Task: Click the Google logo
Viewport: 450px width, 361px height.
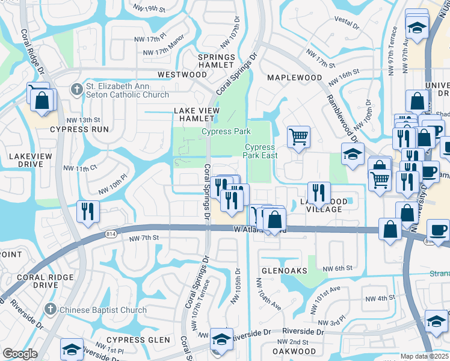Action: [20, 354]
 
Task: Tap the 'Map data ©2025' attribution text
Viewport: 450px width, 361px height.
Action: [425, 356]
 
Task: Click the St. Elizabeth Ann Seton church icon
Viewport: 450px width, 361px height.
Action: [76, 90]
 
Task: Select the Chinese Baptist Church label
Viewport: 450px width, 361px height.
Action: [103, 310]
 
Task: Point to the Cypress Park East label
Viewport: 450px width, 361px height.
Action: [260, 151]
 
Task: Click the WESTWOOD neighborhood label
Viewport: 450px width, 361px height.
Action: [182, 75]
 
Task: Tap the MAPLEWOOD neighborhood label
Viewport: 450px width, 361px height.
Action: [294, 78]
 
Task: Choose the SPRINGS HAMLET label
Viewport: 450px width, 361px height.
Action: [216, 60]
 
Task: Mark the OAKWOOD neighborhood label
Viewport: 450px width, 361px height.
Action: [294, 351]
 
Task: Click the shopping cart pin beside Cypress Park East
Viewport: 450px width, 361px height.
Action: [298, 138]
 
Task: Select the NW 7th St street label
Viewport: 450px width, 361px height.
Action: [144, 238]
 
